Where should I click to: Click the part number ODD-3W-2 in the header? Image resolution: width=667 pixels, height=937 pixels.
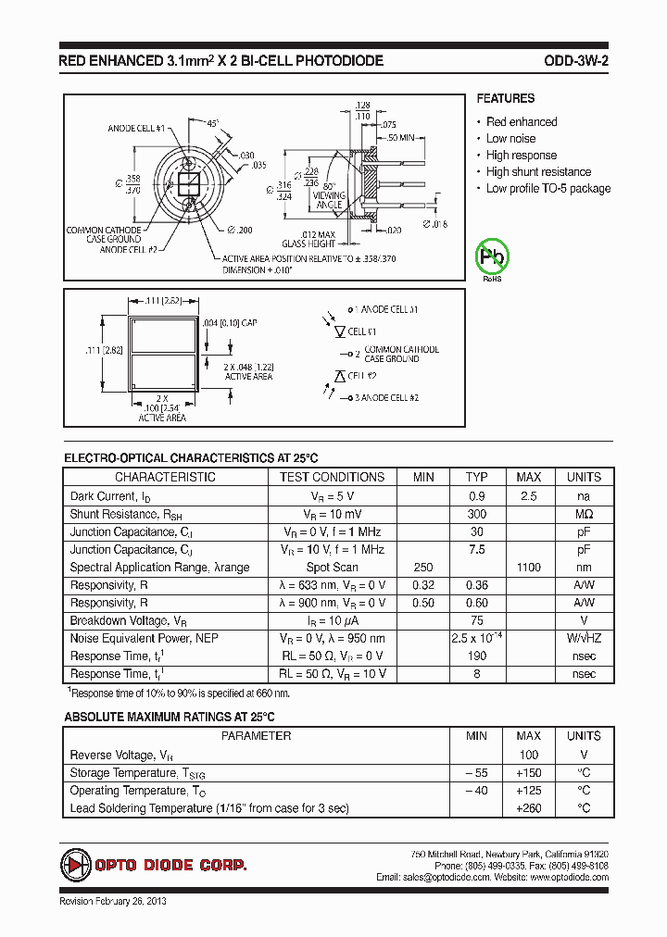pos(575,62)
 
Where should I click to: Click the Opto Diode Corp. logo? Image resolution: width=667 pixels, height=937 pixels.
pos(154,864)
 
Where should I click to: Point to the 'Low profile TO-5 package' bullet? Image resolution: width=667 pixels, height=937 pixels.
pos(548,189)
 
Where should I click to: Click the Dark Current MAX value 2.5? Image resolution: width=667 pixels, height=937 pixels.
pos(528,495)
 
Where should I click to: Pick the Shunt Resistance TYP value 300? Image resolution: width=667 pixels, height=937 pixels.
pos(476,514)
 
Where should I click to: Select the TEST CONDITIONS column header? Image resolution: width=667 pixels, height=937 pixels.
pos(332,477)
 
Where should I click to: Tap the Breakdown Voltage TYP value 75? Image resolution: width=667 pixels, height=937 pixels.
pos(476,620)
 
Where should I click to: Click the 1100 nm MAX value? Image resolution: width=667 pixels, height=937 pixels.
pos(528,568)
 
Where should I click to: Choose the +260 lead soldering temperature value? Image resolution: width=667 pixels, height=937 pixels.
pos(528,808)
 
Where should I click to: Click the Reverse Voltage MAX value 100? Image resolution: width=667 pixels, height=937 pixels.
pos(528,755)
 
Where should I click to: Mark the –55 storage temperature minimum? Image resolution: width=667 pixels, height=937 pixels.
pos(475,772)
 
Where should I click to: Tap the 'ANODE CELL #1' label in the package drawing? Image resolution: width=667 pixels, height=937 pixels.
pos(136,129)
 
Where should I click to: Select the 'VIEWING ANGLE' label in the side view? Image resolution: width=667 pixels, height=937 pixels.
pos(331,200)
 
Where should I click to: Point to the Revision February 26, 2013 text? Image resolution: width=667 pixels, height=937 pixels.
pos(113,901)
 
